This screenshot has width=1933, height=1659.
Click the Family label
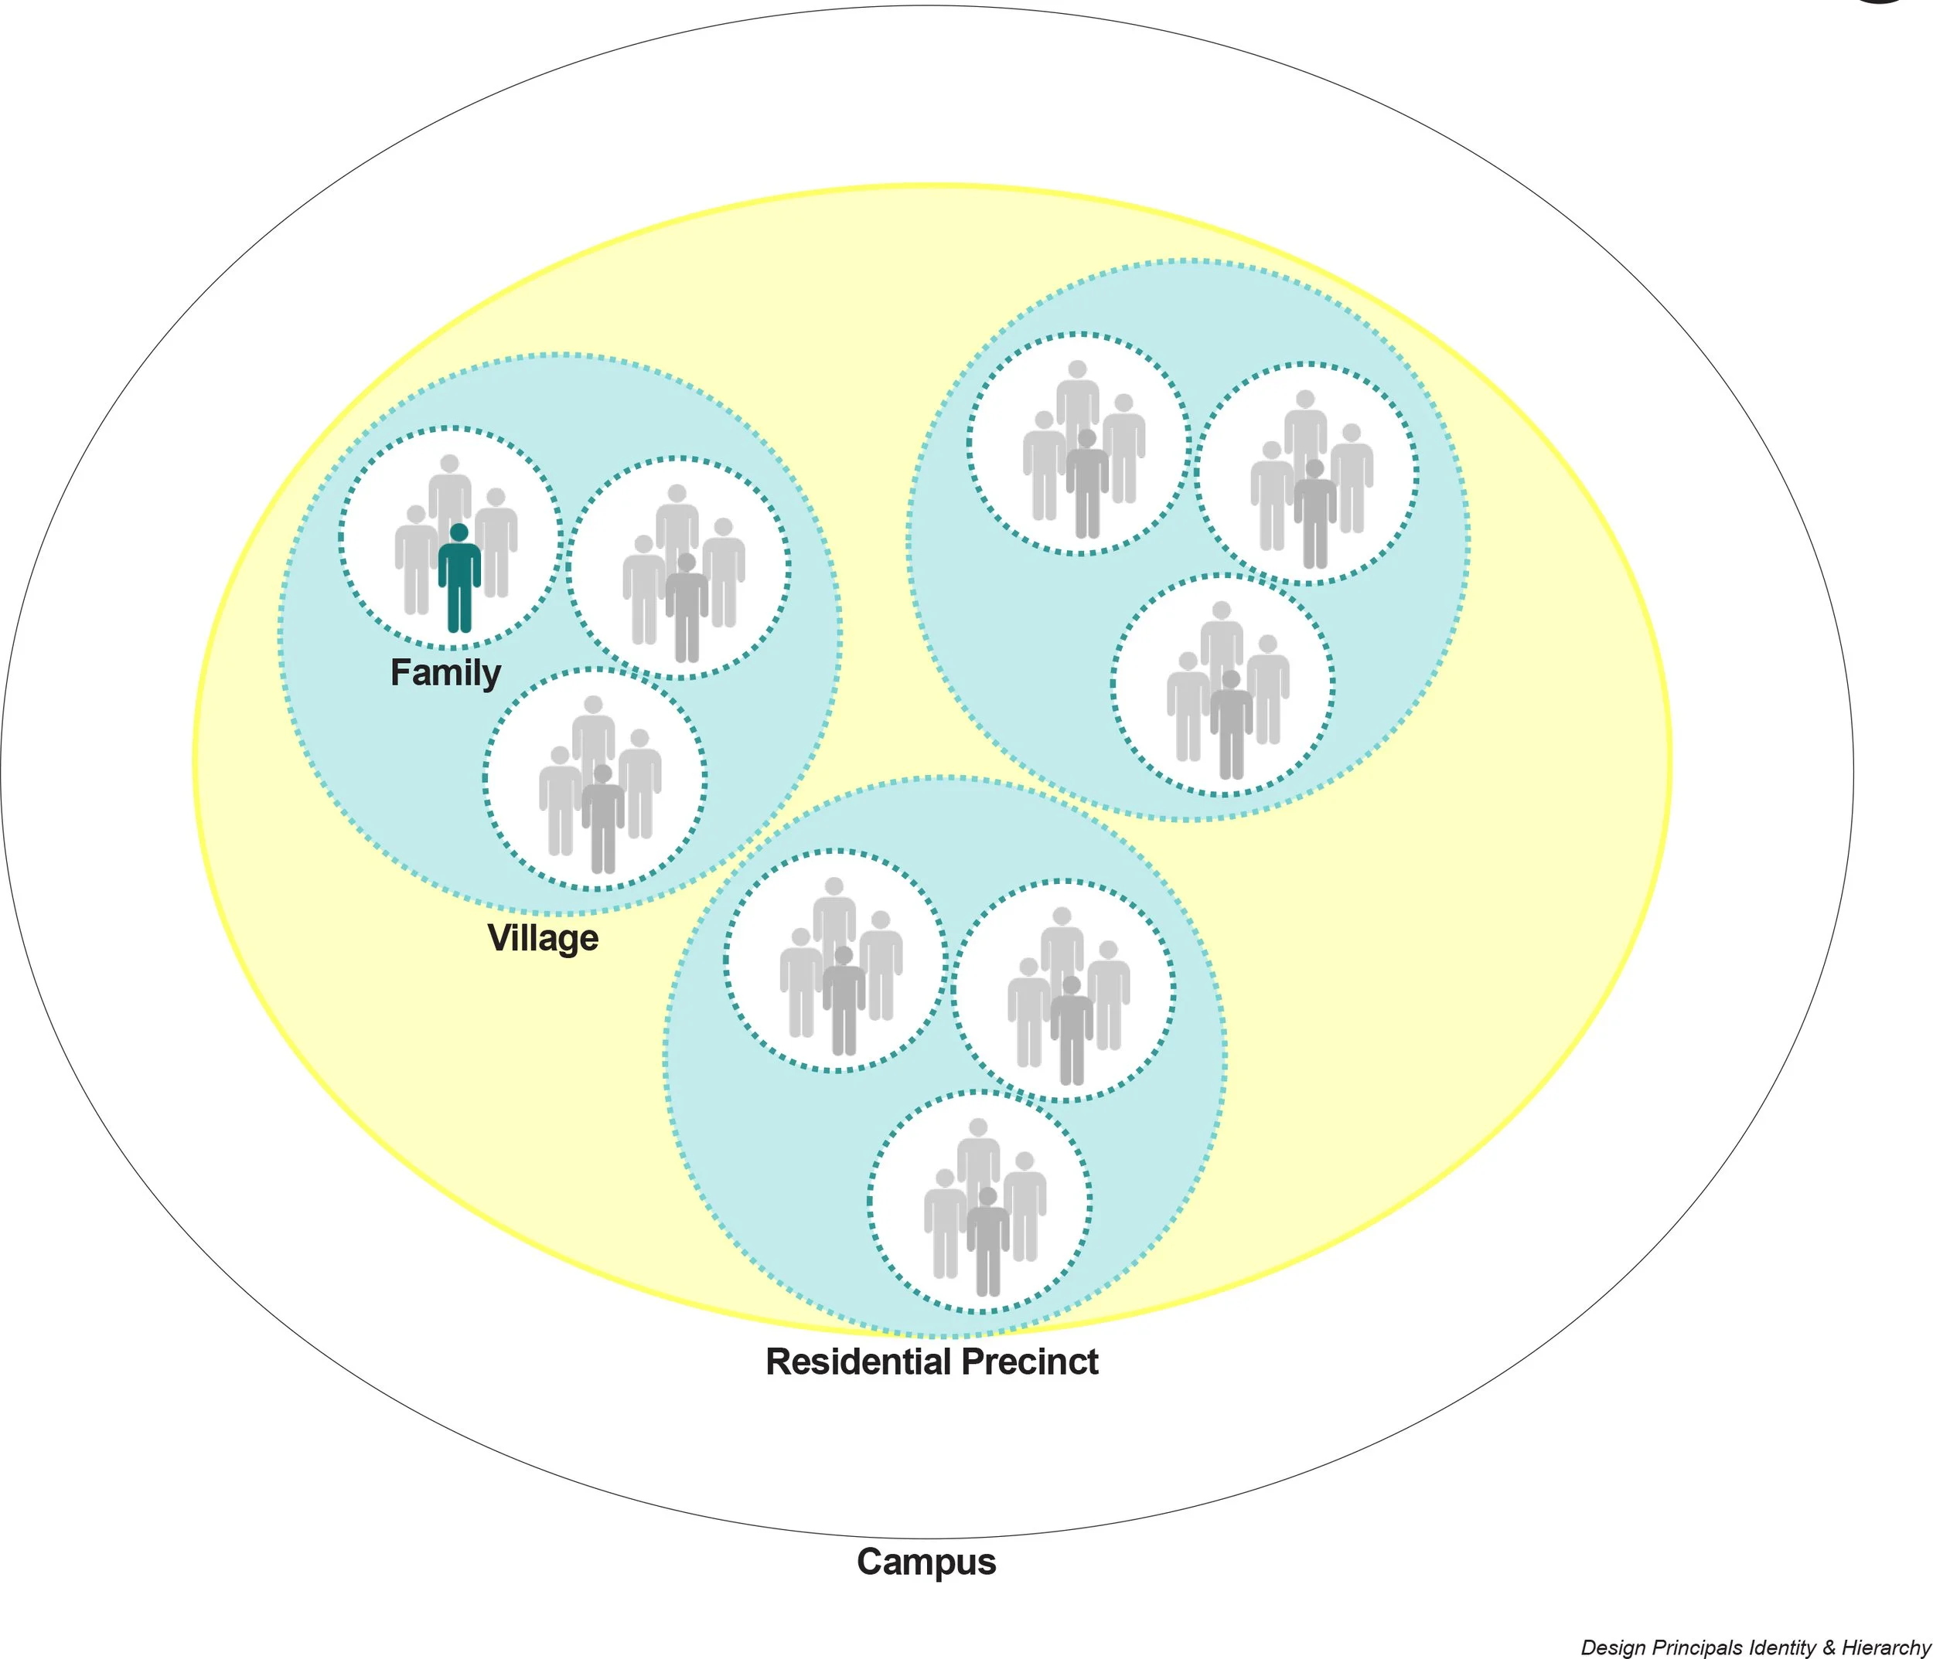pyautogui.click(x=445, y=672)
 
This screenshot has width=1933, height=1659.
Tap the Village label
pyautogui.click(x=543, y=938)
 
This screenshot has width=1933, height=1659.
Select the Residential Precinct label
pyautogui.click(x=931, y=1362)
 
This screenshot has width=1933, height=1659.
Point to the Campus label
pyautogui.click(x=926, y=1561)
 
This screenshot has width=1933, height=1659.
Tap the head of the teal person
pyautogui.click(x=459, y=532)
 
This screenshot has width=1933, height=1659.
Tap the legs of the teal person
pyautogui.click(x=459, y=610)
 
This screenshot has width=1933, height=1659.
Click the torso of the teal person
pyautogui.click(x=459, y=565)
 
